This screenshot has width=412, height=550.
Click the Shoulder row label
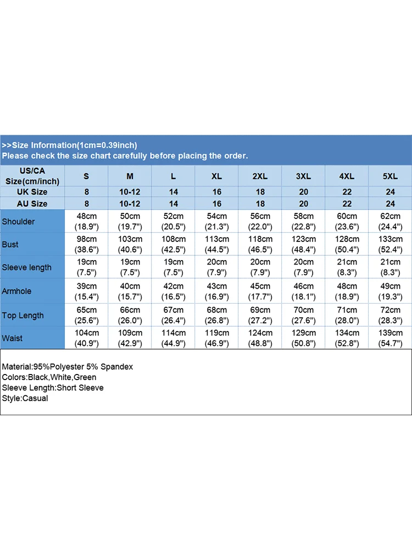tap(18, 222)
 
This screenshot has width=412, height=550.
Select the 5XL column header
tap(390, 176)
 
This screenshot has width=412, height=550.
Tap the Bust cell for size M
tap(130, 244)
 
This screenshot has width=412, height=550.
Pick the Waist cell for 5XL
tap(390, 338)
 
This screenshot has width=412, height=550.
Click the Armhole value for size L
tap(174, 291)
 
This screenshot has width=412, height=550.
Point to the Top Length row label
tap(23, 315)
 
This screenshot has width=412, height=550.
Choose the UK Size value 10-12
tap(130, 192)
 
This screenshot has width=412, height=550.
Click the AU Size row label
tap(32, 204)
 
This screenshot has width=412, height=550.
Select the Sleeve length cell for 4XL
tap(347, 268)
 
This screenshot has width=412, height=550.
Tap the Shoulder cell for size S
tap(87, 221)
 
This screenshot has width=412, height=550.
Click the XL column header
tap(217, 176)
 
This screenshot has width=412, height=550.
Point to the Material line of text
tap(68, 366)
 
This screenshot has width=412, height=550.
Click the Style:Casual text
tap(25, 398)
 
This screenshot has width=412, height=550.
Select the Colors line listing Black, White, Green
tap(49, 377)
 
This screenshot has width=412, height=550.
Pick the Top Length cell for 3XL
tap(303, 315)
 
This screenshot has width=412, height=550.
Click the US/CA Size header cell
tap(32, 176)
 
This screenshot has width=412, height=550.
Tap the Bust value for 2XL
tap(260, 244)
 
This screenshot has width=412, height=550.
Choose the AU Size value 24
tap(390, 204)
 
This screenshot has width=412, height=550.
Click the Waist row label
tap(13, 338)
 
